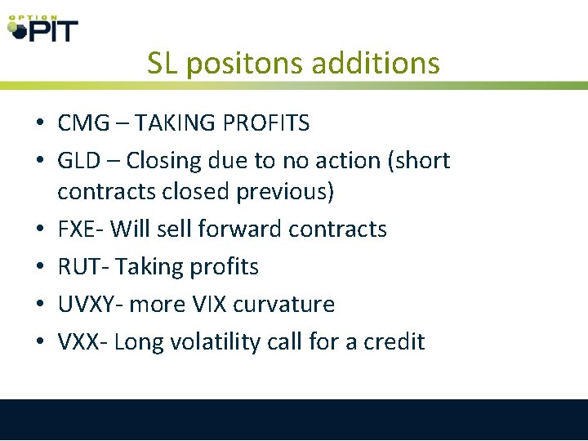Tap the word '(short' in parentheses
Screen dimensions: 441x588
(x=418, y=161)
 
